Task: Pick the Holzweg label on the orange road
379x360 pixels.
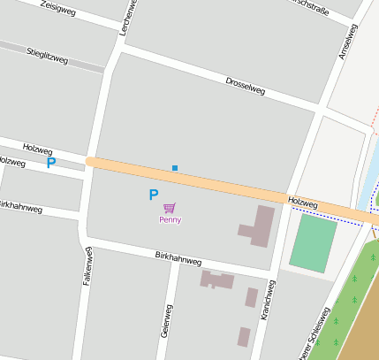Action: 302,203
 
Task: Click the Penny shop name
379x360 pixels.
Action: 170,219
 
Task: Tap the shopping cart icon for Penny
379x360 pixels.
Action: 169,208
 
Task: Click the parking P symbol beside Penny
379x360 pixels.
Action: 153,195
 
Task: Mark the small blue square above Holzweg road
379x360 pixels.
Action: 175,168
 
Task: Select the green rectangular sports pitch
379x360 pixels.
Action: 313,243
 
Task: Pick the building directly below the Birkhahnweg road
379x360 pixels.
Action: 216,280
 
